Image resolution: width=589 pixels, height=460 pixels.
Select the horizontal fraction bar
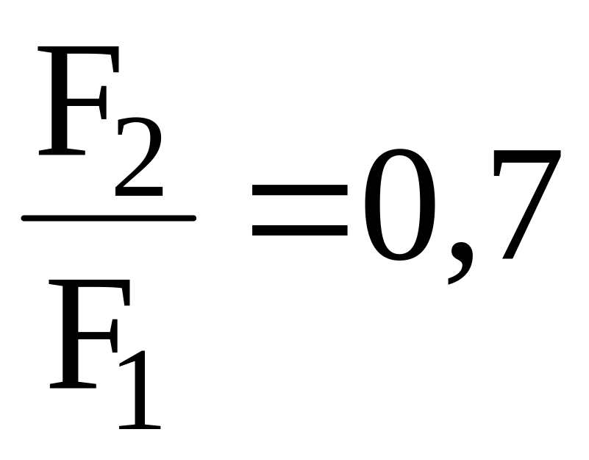click(x=109, y=218)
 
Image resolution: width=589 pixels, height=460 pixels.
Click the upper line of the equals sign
click(x=299, y=189)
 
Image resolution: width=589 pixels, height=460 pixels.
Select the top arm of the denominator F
click(x=92, y=287)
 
